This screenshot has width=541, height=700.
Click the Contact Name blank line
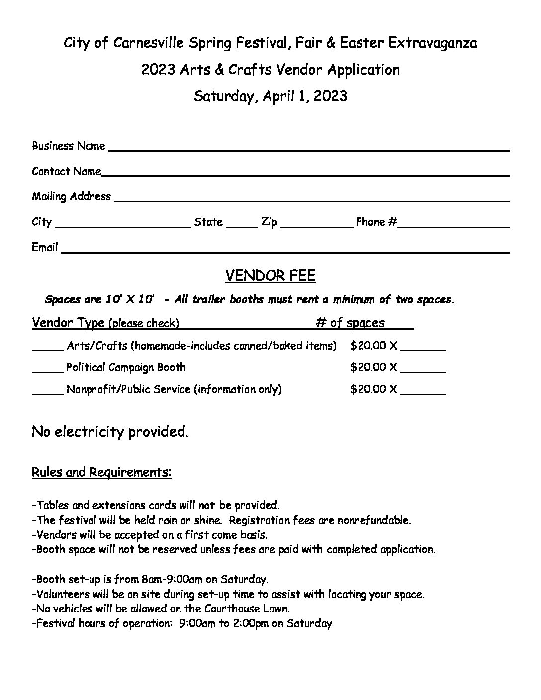click(x=305, y=174)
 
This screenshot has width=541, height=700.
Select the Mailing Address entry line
click(x=312, y=199)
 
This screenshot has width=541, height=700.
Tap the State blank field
click(x=242, y=224)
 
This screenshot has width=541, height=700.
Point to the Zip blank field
click(x=316, y=224)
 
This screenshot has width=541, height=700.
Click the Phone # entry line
click(x=453, y=224)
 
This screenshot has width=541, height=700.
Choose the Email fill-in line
click(x=285, y=250)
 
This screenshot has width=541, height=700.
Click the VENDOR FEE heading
click(x=270, y=276)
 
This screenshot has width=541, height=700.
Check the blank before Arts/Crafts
click(x=48, y=348)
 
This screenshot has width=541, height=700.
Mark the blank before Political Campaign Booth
click(x=48, y=369)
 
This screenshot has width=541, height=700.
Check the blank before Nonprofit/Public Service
click(x=48, y=391)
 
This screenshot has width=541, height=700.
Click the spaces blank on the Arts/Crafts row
click(x=423, y=348)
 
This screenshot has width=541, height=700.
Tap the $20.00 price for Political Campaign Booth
click(x=368, y=367)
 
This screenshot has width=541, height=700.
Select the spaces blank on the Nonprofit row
click(x=423, y=391)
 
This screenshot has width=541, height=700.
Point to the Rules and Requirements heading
click(x=101, y=472)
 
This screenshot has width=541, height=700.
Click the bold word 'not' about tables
click(x=206, y=506)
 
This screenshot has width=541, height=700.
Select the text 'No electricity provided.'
click(x=110, y=431)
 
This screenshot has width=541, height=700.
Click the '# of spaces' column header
click(x=350, y=323)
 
